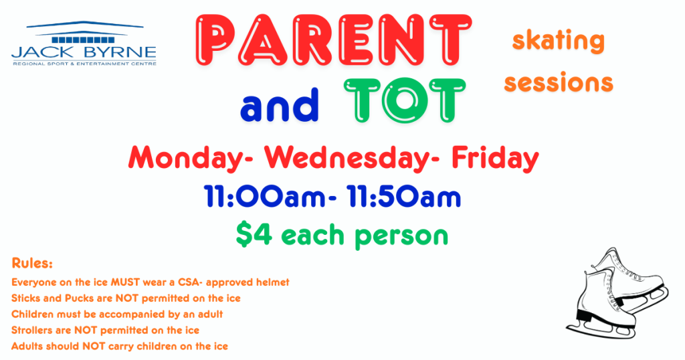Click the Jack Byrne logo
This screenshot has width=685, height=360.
[84, 43]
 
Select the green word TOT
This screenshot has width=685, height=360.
[405, 100]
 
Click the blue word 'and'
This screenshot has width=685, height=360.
[279, 105]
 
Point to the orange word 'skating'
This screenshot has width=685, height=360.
[559, 41]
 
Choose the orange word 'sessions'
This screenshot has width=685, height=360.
[559, 82]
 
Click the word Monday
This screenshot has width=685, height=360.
[187, 158]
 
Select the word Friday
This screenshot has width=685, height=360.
[495, 158]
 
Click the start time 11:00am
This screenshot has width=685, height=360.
[265, 197]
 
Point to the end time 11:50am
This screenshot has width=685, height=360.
[404, 197]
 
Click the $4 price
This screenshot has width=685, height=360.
[254, 234]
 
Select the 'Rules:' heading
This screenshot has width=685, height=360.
[32, 264]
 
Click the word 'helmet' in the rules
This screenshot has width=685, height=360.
[273, 282]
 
